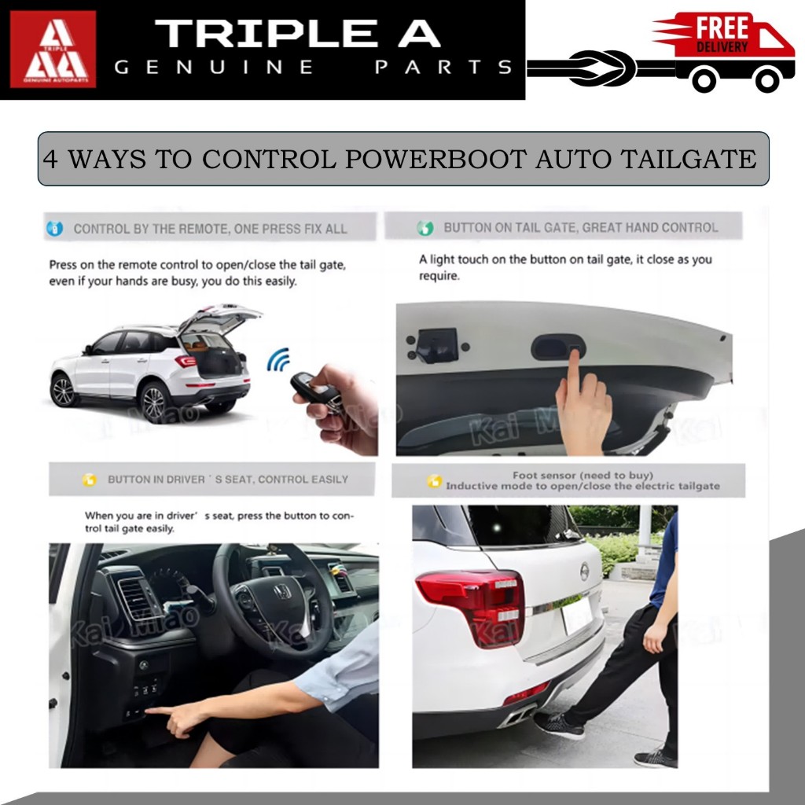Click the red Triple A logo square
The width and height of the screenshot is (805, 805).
[53, 49]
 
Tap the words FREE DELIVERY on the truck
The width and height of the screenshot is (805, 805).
[722, 34]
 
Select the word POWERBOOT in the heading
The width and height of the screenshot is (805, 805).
[436, 159]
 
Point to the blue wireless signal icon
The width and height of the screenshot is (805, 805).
[279, 359]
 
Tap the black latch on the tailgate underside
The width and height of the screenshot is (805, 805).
[437, 346]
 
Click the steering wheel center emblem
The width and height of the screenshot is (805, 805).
[282, 592]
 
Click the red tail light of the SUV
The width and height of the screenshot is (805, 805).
[472, 605]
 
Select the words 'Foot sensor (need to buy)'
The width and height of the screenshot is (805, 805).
[583, 476]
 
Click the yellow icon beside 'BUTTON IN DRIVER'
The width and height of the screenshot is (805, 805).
[90, 480]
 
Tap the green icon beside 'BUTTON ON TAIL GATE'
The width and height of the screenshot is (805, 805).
[425, 228]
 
